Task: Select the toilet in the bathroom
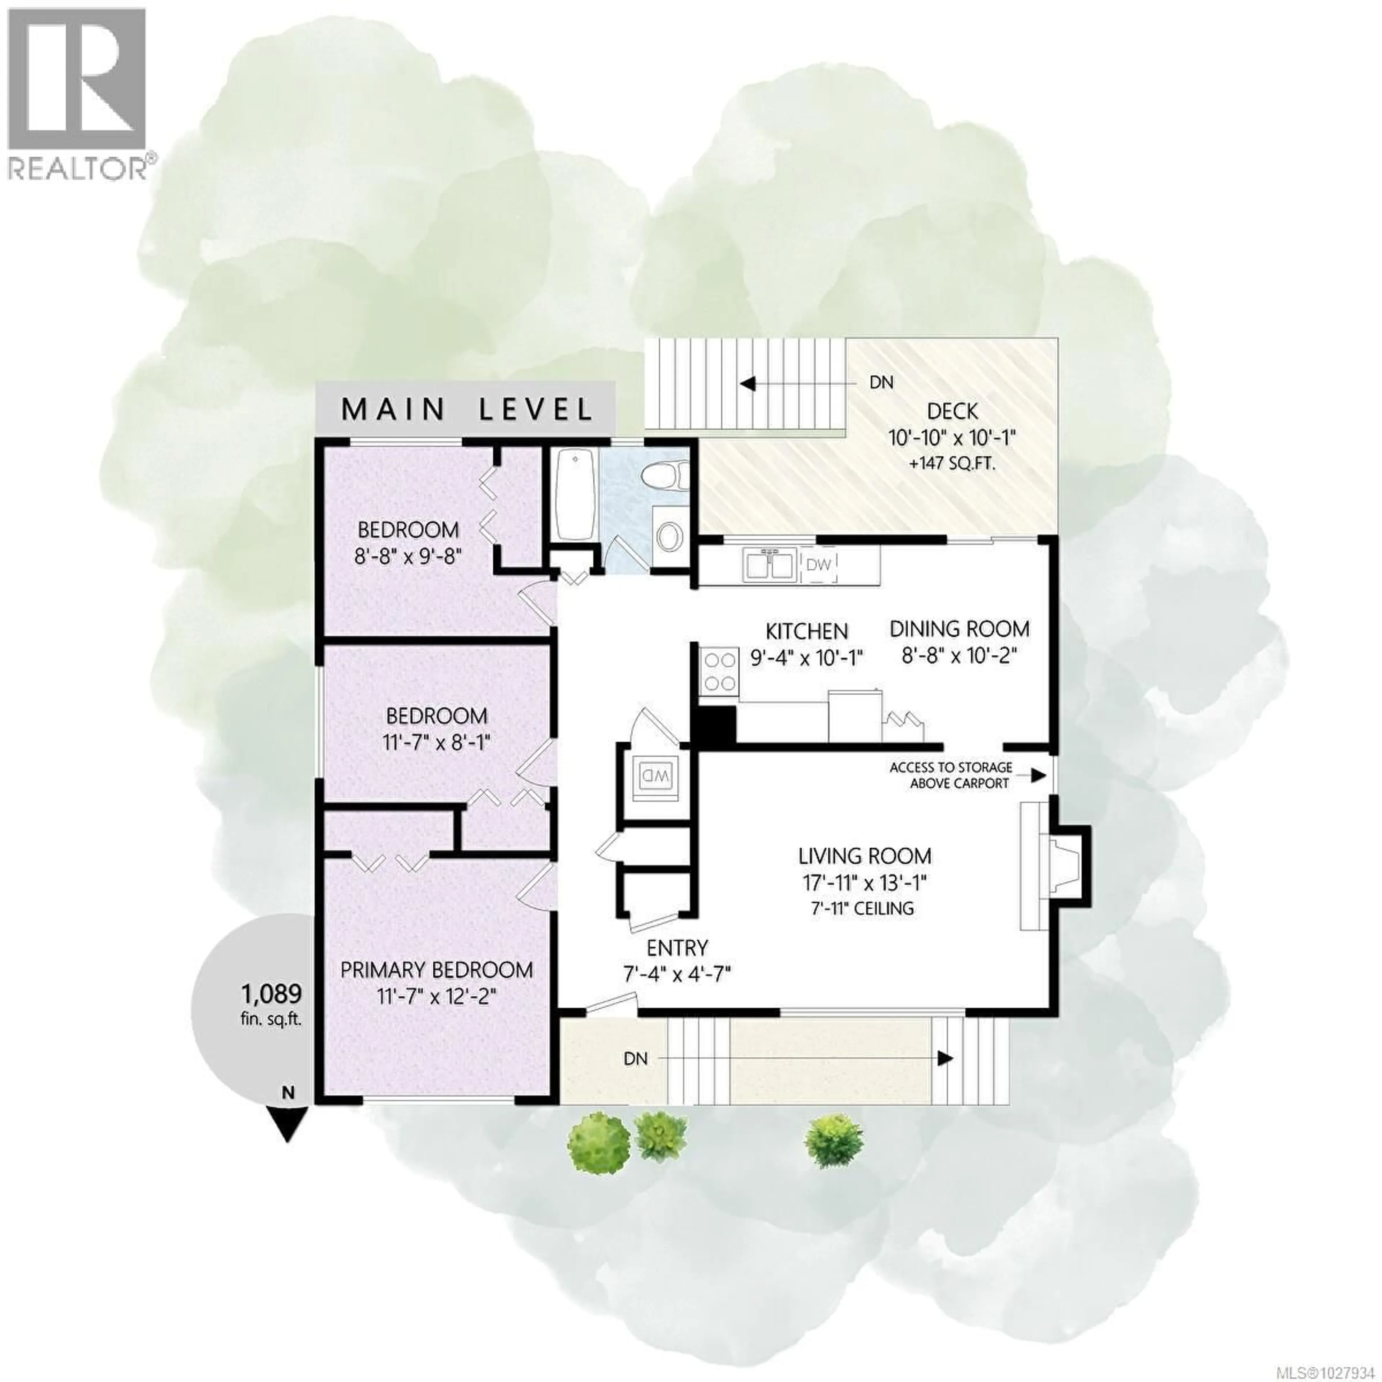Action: [664, 475]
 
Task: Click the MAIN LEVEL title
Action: [466, 409]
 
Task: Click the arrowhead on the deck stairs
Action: [748, 384]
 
